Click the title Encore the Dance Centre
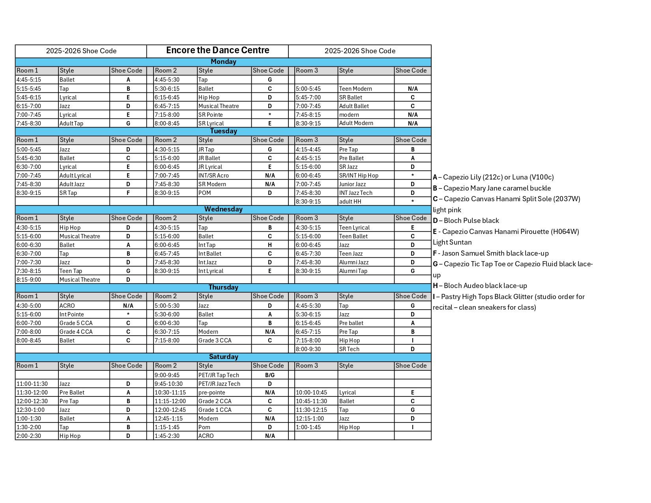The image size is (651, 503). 217,50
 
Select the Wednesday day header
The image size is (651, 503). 223,209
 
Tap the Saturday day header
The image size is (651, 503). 223,357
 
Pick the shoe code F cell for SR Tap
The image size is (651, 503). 128,193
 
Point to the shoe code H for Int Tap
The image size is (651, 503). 270,245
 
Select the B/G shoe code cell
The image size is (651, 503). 270,375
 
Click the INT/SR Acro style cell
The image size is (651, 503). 213,176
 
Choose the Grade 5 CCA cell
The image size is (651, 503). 76,323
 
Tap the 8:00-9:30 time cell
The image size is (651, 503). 309,349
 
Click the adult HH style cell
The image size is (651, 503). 350,202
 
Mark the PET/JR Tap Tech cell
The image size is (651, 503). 219,375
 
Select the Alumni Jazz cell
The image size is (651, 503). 354,262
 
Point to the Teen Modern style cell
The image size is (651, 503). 355,89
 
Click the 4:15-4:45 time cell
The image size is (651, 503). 309,150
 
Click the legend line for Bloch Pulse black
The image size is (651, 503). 466,221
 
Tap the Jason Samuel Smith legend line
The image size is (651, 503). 491,253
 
